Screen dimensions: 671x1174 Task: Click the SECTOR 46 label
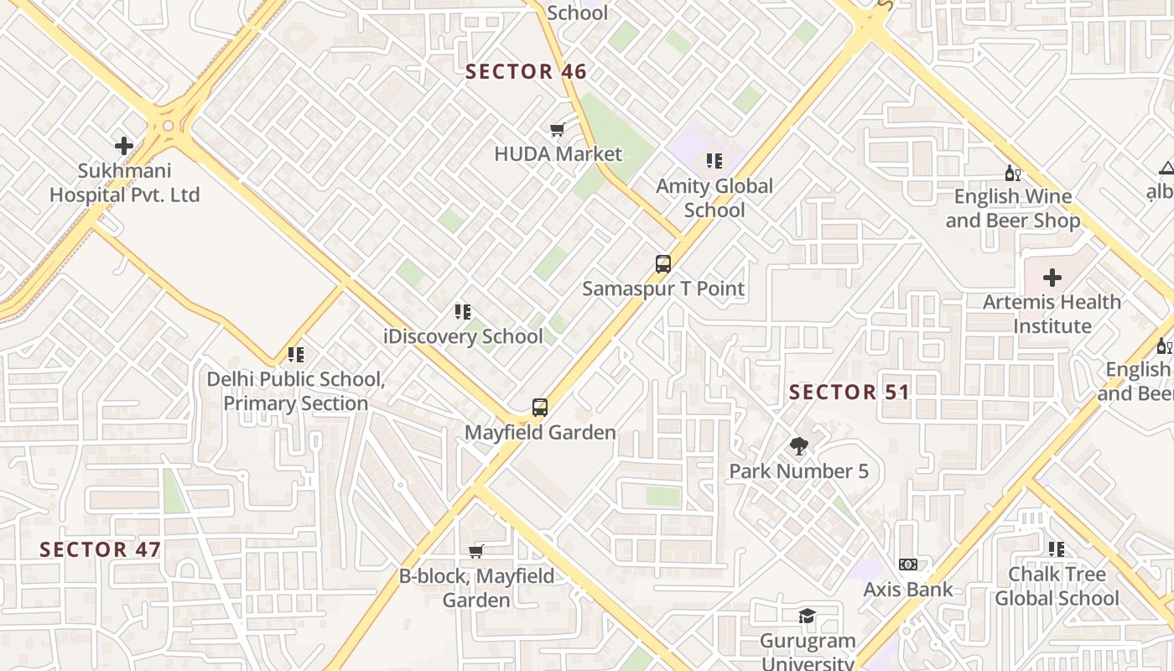coord(526,72)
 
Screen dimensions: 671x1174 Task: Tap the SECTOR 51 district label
coord(849,393)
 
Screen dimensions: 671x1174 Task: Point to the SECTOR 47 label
coord(100,550)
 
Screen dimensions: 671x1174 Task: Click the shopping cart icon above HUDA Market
coord(557,130)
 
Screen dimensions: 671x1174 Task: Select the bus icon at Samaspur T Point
coord(662,264)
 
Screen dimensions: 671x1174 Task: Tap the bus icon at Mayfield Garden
coord(540,408)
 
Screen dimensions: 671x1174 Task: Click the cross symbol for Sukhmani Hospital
coord(124,146)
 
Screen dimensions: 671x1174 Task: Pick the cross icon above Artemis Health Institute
coord(1052,278)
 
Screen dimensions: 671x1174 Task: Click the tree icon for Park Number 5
coord(798,447)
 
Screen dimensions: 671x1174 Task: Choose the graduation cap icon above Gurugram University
coord(807,616)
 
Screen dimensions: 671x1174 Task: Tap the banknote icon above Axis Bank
coord(907,564)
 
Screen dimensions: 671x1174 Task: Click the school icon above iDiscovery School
coord(462,312)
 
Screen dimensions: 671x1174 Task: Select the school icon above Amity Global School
coord(714,161)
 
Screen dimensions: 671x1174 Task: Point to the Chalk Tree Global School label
coord(1057,586)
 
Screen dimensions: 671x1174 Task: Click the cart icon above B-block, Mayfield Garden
coord(476,551)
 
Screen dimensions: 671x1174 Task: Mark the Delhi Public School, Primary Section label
coord(296,391)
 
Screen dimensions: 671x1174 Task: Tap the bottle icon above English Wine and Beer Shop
coord(1012,173)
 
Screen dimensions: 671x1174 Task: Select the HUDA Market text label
coord(558,154)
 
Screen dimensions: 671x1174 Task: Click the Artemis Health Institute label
coord(1052,314)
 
